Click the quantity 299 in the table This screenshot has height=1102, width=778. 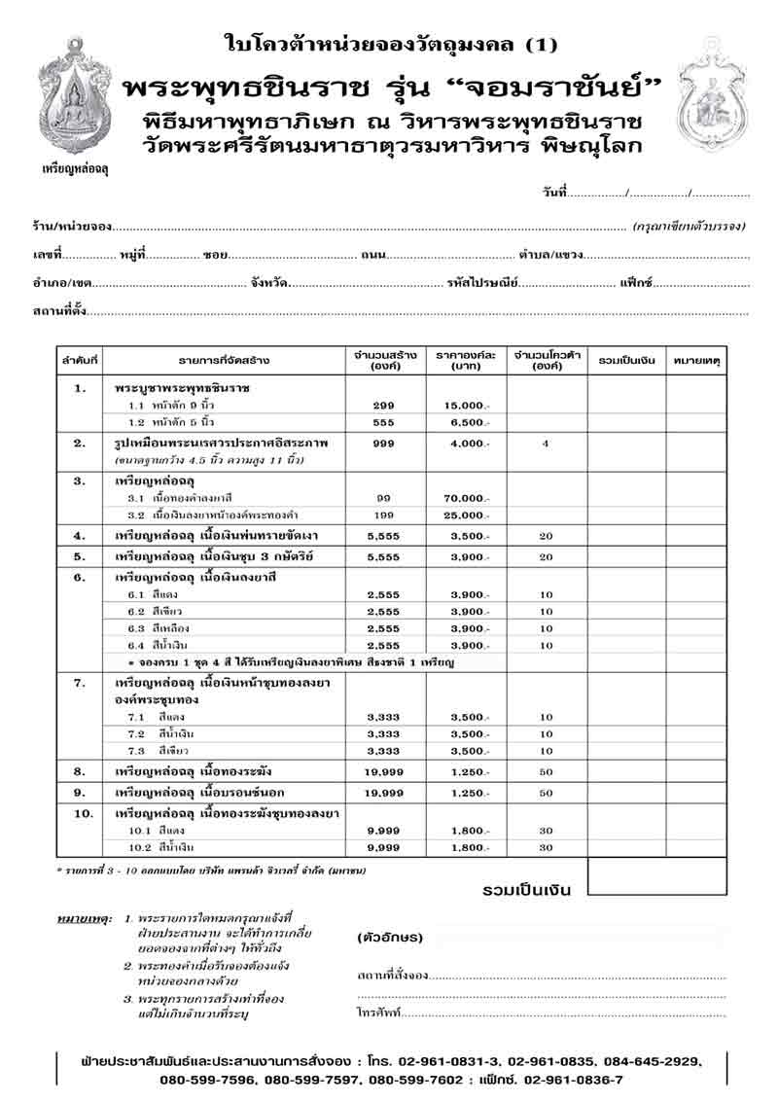[383, 404]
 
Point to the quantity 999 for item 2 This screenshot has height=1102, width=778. [383, 443]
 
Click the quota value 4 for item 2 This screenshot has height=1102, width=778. [546, 443]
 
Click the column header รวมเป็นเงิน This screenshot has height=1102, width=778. [626, 360]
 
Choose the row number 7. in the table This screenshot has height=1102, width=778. [81, 683]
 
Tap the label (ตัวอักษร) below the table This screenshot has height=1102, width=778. [390, 938]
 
